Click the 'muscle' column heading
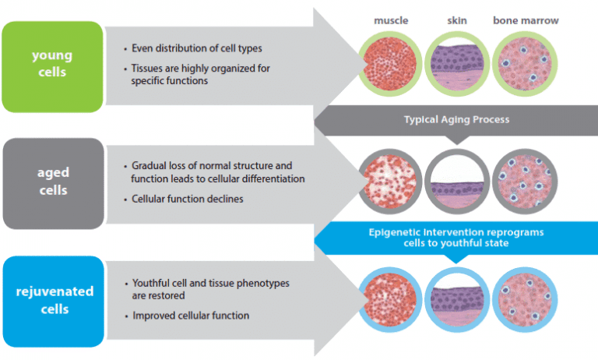(x=392, y=20)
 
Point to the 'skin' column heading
(x=456, y=20)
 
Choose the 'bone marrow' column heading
(x=526, y=20)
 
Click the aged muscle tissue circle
(x=391, y=181)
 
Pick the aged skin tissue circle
(x=458, y=181)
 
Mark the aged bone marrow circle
(x=526, y=181)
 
